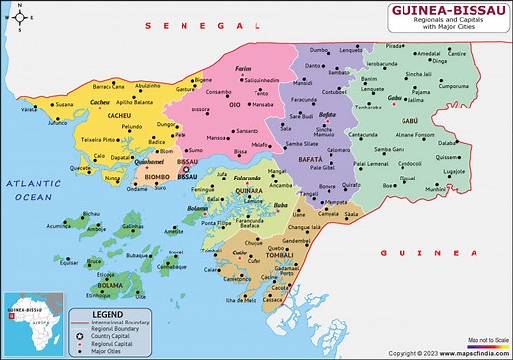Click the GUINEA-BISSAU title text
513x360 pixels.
pyautogui.click(x=431, y=13)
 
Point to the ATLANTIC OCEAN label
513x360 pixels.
pyautogui.click(x=33, y=191)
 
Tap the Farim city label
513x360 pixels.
pyautogui.click(x=244, y=70)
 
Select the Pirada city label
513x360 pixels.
pyautogui.click(x=394, y=46)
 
